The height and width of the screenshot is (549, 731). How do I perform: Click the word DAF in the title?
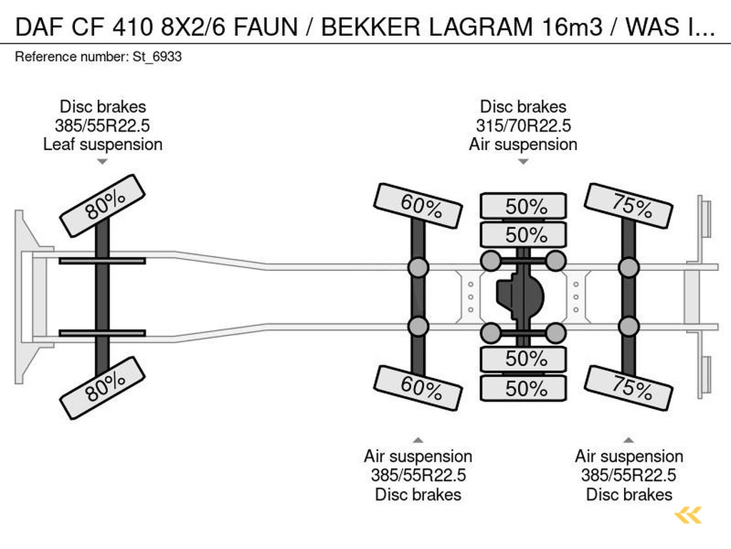38,27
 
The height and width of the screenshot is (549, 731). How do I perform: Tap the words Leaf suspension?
103,144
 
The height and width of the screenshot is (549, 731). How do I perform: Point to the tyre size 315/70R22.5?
523,126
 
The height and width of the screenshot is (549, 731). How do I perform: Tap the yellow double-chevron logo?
688,515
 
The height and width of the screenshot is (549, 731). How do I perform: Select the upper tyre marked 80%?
103,205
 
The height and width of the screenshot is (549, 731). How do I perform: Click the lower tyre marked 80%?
103,387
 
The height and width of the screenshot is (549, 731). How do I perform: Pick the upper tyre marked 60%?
420,206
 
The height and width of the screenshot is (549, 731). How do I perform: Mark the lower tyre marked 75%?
629,387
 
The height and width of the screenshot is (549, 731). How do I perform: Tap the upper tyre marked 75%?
629,206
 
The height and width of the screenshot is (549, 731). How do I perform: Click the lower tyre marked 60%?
420,387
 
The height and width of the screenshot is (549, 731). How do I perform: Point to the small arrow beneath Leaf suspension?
102,162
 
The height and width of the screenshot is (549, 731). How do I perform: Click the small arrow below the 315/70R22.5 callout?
523,162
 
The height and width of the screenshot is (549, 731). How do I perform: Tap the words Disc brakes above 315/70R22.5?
523,107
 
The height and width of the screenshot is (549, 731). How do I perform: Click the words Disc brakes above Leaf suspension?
103,107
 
